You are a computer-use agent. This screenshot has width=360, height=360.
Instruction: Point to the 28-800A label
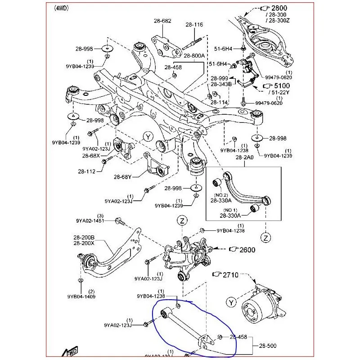point(194,55)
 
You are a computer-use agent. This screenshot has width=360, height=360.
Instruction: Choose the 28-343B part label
point(221,84)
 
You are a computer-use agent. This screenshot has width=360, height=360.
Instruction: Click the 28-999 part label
point(220,78)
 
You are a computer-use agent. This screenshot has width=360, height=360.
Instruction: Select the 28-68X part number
point(91,155)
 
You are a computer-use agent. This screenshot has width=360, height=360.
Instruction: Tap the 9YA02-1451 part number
point(90,221)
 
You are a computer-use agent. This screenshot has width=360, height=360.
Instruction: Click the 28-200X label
point(84,243)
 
